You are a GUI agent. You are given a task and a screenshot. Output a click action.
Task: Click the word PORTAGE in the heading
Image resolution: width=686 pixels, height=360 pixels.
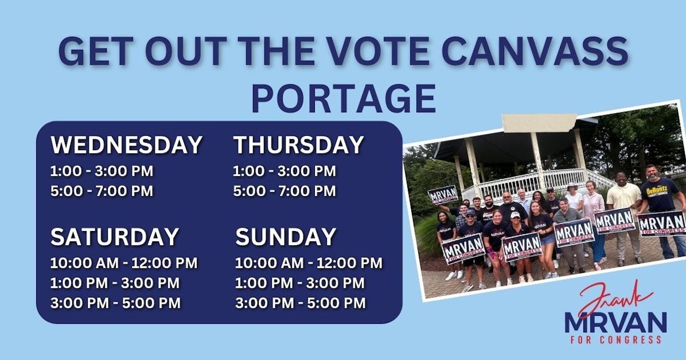click(343, 98)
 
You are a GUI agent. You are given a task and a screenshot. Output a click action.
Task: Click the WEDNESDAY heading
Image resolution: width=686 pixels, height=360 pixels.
click(126, 145)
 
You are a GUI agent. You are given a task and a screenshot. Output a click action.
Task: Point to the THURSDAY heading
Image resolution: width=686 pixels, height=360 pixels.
click(298, 145)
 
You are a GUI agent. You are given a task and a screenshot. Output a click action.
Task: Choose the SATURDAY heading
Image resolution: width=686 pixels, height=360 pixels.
click(115, 237)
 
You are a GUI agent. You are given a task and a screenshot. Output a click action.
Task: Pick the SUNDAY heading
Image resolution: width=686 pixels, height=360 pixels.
click(286, 237)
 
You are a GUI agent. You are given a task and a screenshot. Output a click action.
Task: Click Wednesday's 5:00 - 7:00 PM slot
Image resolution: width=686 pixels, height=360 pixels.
click(102, 191)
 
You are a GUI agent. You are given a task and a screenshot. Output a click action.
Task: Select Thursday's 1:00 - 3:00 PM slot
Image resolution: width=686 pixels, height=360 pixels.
click(284, 171)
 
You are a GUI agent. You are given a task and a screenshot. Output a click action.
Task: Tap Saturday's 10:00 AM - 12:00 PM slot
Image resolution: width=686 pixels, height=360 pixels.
click(123, 263)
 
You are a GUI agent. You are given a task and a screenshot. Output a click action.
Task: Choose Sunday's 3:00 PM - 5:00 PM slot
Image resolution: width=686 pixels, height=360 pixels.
click(299, 303)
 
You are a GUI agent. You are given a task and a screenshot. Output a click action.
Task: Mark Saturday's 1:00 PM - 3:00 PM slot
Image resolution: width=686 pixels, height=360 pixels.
click(115, 283)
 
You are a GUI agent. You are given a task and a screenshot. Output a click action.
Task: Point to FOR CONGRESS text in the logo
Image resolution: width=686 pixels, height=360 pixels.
click(616, 340)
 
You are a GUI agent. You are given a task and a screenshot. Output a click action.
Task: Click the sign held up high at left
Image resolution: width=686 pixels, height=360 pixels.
click(443, 195)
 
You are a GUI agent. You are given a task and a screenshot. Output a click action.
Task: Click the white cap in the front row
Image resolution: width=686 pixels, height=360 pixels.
click(515, 215)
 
